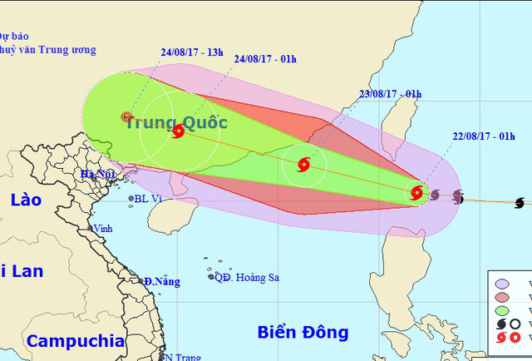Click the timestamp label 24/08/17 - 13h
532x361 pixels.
[193, 52]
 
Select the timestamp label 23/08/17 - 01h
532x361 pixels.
[388, 93]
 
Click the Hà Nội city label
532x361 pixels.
[97, 174]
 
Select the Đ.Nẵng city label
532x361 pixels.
[161, 282]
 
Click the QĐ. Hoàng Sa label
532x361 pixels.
[246, 277]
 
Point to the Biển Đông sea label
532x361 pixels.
[303, 333]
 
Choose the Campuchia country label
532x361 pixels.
[75, 341]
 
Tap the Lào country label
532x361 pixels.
[27, 200]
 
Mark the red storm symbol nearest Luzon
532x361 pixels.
[416, 193]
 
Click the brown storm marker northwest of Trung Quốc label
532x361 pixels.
[126, 117]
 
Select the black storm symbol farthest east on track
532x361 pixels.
[520, 202]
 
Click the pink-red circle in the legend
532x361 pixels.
[502, 298]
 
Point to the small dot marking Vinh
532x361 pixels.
[91, 228]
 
